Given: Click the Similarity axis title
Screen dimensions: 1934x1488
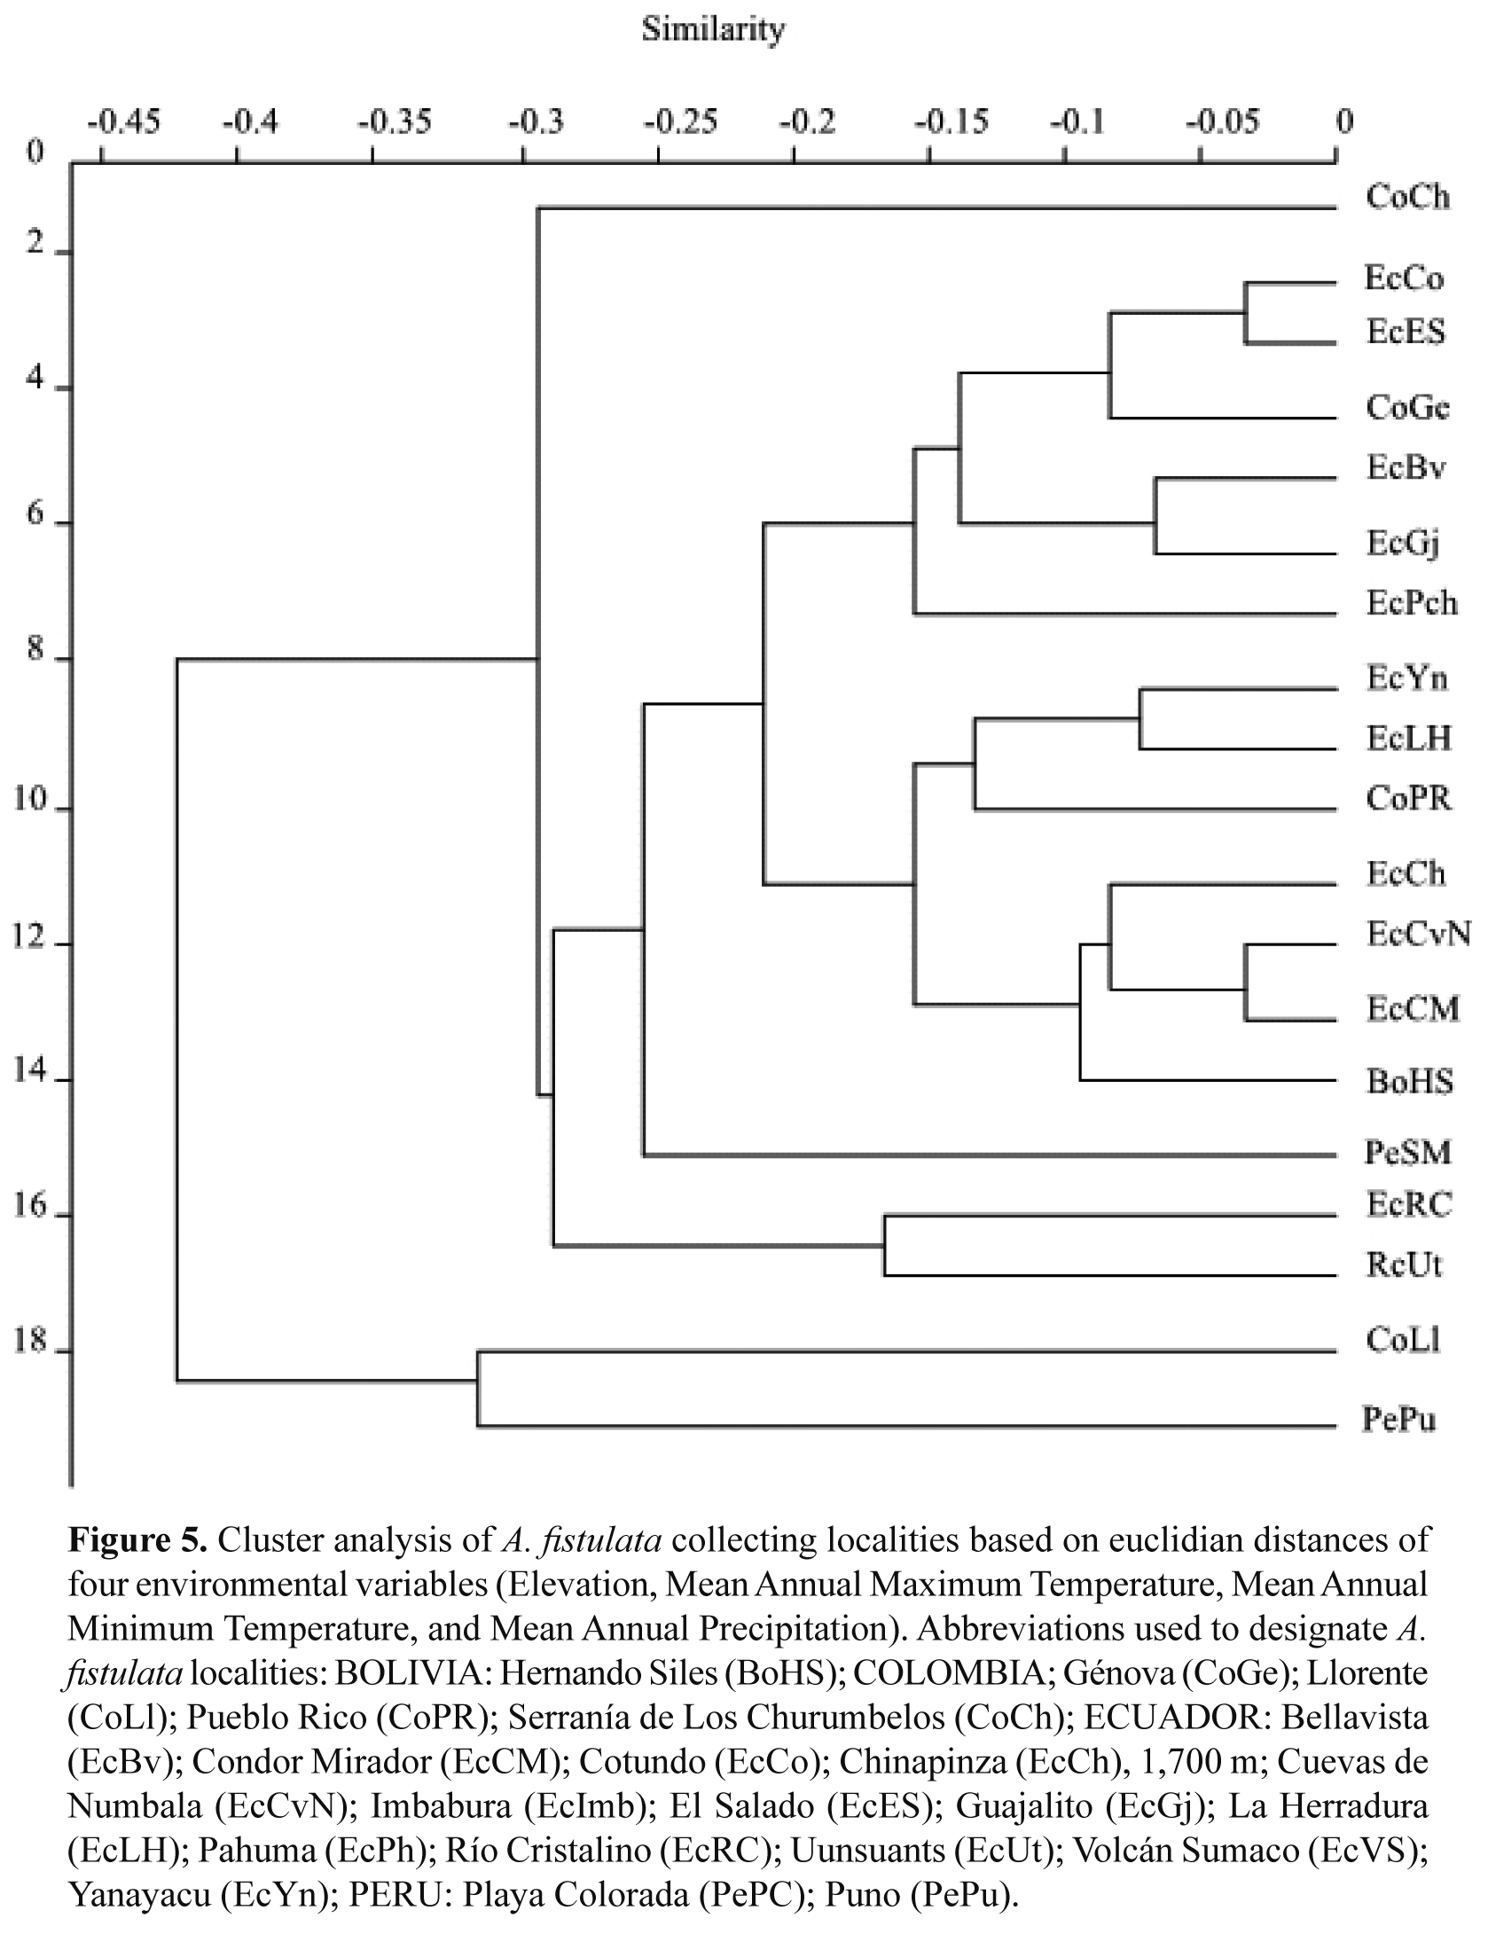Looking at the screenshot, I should (713, 30).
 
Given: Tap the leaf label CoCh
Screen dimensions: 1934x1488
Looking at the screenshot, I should (1407, 196).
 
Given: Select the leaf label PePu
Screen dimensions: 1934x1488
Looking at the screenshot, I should (1398, 1420).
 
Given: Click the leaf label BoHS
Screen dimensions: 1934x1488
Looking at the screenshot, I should (1409, 1081).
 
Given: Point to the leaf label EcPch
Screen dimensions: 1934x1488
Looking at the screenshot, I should (1411, 603).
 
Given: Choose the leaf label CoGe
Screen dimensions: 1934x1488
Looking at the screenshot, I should (1407, 407).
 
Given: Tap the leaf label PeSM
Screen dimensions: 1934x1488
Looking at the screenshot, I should (1407, 1152).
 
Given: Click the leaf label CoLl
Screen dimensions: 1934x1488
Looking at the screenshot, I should (1403, 1339).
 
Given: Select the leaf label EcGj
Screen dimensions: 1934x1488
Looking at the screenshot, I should (1402, 543).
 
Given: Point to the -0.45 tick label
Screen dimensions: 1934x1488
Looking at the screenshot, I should (123, 121).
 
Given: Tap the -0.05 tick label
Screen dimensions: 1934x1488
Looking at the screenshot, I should (1222, 121).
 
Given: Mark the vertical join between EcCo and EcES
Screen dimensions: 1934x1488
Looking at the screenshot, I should (1245, 313).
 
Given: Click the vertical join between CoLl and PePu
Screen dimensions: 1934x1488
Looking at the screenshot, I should (477, 1389).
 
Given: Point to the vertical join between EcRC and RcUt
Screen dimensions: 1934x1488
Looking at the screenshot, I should (884, 1246).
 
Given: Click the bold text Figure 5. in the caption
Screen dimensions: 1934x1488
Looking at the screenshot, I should (137, 1540).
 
